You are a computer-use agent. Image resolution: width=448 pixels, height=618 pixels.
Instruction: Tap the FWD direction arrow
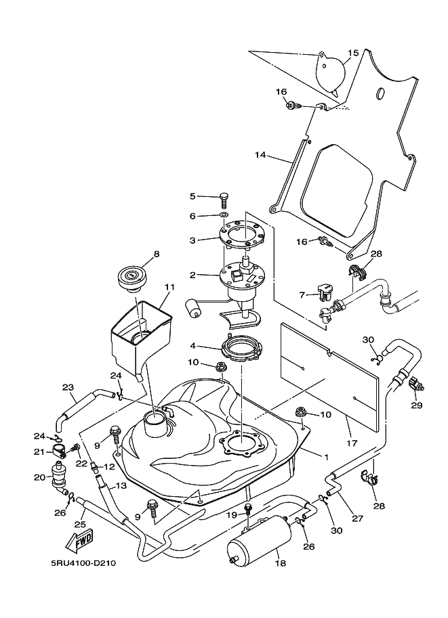[80, 540]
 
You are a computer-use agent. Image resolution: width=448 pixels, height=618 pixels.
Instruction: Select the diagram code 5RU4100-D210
[83, 563]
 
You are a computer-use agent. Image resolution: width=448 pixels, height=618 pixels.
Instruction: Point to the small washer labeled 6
[224, 216]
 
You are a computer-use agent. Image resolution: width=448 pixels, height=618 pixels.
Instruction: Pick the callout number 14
[260, 155]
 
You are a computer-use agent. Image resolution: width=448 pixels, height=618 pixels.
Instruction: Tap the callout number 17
[351, 443]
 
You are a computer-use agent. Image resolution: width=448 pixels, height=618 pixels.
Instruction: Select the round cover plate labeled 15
[331, 74]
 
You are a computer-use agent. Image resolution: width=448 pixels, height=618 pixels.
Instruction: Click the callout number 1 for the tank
[326, 457]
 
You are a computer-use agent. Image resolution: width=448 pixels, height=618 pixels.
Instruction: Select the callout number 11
[169, 287]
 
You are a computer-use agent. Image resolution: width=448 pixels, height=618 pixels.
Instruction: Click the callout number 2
[192, 275]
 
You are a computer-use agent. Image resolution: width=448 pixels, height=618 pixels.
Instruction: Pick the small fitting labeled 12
[94, 466]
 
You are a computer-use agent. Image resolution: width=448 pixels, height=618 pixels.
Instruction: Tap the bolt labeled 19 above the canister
[248, 510]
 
